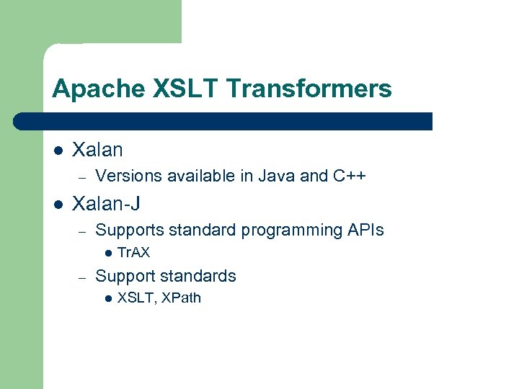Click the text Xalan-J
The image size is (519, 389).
coord(107,204)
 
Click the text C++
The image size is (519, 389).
coord(350,176)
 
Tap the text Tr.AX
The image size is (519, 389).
coord(133,253)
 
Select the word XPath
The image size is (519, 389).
coord(181,298)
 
